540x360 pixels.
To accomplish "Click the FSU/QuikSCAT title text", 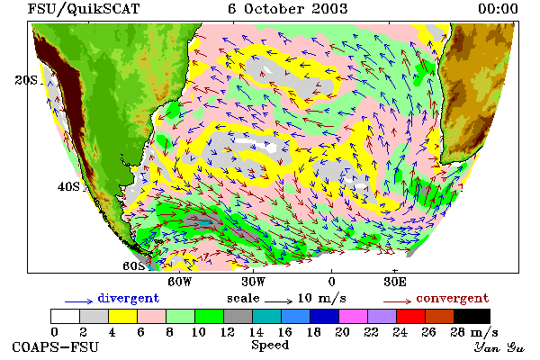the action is [x=84, y=9].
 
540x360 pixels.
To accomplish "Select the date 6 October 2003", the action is [x=288, y=9].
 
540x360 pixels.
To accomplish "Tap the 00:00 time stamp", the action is [x=498, y=9].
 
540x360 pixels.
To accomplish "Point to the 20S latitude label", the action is [x=26, y=80].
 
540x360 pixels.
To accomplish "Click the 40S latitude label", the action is [x=68, y=186].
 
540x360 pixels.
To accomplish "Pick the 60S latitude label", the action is [x=134, y=266].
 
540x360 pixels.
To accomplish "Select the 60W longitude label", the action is [x=180, y=282].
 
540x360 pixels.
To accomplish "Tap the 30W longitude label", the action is [x=254, y=282].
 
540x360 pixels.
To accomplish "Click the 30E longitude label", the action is [x=395, y=282].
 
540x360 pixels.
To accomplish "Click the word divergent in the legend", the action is [x=129, y=298].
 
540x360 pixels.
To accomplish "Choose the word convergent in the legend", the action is [x=453, y=298].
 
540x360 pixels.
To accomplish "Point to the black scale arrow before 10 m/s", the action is [x=279, y=301].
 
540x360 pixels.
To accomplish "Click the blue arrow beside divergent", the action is [x=79, y=301].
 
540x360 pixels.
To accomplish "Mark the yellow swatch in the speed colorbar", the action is [x=122, y=316].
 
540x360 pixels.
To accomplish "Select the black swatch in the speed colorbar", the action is [x=472, y=316].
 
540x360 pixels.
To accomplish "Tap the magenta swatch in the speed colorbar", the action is [x=354, y=316].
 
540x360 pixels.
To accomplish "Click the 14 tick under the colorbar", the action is [x=256, y=332].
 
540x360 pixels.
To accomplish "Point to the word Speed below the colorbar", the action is [x=270, y=346].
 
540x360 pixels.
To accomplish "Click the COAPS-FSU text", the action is [x=56, y=346].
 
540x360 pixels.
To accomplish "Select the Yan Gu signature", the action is [x=499, y=347].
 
